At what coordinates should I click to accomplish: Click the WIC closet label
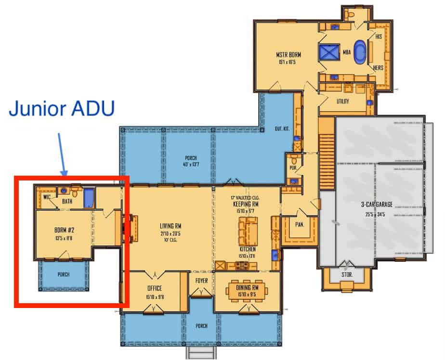click(47, 197)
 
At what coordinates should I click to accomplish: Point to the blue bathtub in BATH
click(89, 198)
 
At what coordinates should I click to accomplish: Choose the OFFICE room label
click(155, 289)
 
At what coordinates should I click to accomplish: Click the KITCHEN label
click(247, 250)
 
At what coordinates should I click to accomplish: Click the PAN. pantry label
click(300, 223)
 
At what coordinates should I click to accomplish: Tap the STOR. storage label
click(347, 274)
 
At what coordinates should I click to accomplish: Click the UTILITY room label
click(342, 102)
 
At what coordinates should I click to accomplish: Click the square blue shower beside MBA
click(330, 51)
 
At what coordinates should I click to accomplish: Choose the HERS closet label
click(379, 68)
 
